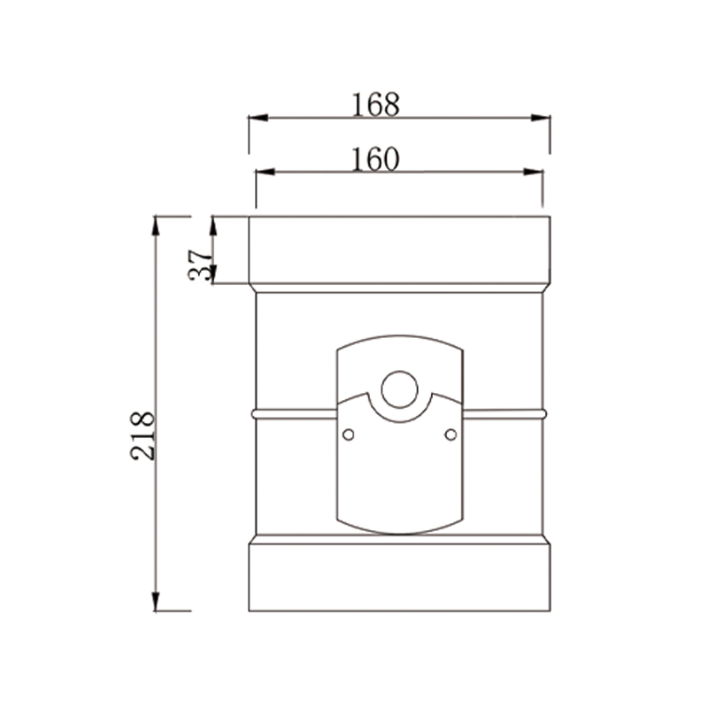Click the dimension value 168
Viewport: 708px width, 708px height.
tap(375, 104)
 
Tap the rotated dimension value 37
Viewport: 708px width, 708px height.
tap(202, 263)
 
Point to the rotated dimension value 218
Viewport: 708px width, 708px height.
tap(143, 435)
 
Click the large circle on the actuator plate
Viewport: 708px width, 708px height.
tap(399, 389)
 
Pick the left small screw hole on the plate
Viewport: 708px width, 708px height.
tap(348, 434)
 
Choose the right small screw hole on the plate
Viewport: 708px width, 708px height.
tap(450, 434)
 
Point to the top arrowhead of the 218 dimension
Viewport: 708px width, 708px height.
tap(156, 224)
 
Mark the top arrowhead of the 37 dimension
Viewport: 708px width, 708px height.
tap(213, 224)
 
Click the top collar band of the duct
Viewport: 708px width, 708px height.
tap(399, 251)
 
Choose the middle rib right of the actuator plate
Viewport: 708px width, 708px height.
tap(504, 412)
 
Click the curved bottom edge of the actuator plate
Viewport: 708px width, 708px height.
tap(399, 533)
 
